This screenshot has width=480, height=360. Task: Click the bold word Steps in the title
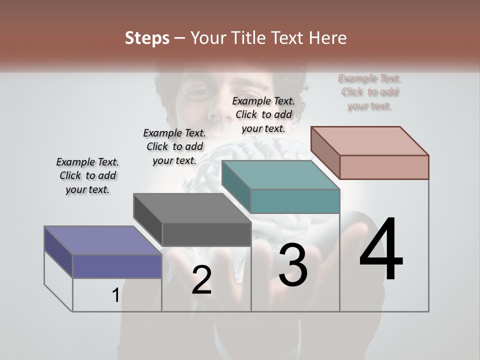point(147,38)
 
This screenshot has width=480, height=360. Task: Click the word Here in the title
point(328,38)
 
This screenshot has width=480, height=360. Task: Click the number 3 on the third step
point(292,265)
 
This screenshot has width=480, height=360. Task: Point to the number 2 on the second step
point(201,280)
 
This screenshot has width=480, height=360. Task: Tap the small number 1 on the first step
point(115,295)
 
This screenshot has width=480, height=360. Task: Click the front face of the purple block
point(117,266)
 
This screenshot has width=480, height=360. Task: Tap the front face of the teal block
point(295,201)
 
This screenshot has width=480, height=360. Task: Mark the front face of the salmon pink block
point(384,167)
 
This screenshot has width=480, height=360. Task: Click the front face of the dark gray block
point(206,234)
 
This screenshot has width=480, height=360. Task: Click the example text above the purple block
point(87,175)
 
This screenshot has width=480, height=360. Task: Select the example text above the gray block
point(174,146)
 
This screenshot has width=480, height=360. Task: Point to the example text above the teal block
point(263,114)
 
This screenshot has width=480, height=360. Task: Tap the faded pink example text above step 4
point(369,92)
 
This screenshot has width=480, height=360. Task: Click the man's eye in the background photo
point(199,92)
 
